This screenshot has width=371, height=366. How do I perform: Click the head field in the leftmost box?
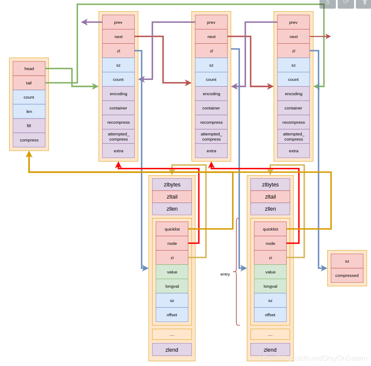(x=29, y=68)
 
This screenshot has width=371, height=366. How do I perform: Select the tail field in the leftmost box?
(x=29, y=83)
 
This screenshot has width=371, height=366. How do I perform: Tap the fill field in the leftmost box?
(x=29, y=125)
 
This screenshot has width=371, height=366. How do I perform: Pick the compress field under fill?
(x=29, y=140)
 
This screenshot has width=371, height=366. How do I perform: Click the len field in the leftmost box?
(x=29, y=111)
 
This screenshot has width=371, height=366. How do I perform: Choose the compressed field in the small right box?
(x=347, y=275)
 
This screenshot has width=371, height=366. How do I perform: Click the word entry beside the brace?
(x=225, y=274)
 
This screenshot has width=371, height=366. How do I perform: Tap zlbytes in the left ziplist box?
(x=172, y=185)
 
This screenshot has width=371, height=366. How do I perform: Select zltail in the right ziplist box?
(x=270, y=197)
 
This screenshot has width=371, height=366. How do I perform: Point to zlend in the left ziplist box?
(x=172, y=350)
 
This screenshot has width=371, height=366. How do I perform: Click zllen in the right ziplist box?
(x=270, y=209)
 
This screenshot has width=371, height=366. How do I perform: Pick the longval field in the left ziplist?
(x=172, y=286)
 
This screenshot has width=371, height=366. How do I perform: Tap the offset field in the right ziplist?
(x=270, y=315)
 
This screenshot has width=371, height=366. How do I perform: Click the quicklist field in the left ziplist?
(x=172, y=229)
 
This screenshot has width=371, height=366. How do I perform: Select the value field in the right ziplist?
(x=270, y=272)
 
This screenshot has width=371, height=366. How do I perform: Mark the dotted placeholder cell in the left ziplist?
(x=172, y=334)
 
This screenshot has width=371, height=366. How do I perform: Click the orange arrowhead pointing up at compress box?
(x=29, y=154)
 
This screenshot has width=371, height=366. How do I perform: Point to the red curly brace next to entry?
(x=237, y=272)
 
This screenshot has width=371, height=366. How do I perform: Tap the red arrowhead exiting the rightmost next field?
(x=328, y=36)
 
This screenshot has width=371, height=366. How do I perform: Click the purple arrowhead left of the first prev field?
(x=84, y=22)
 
